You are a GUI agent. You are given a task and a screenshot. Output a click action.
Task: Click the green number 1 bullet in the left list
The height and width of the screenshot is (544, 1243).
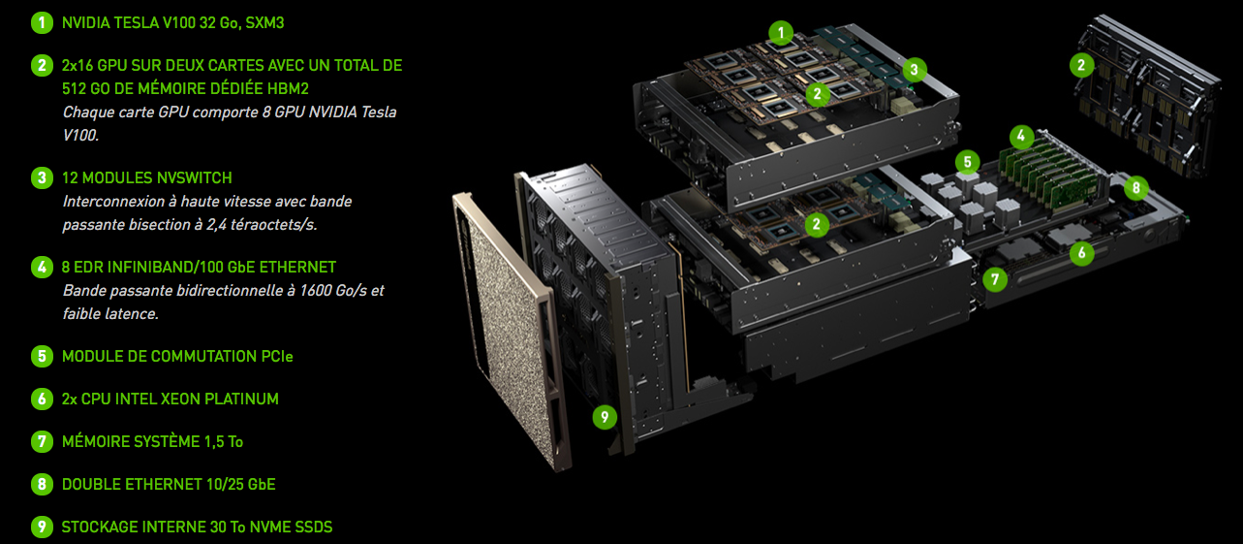(x=42, y=22)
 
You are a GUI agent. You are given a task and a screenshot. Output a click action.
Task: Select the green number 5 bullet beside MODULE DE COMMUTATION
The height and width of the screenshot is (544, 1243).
(x=42, y=356)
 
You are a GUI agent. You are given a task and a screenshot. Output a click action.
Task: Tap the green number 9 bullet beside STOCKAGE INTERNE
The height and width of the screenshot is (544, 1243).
(x=42, y=527)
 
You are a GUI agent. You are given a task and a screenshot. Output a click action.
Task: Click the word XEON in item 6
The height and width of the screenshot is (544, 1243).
(x=181, y=399)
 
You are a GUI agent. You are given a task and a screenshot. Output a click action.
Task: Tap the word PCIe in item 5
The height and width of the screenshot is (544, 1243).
(x=277, y=356)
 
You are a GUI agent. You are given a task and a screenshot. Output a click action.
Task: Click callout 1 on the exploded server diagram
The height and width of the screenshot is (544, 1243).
(x=781, y=32)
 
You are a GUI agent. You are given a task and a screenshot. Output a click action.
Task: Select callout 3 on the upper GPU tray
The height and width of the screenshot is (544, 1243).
(x=913, y=69)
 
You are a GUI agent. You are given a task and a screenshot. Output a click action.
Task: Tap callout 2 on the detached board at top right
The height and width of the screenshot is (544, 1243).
(x=1081, y=66)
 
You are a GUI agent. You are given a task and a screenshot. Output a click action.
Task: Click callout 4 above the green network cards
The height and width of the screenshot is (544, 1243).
(x=1020, y=136)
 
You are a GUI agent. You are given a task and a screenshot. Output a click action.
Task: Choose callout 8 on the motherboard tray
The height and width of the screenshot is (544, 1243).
(x=1134, y=188)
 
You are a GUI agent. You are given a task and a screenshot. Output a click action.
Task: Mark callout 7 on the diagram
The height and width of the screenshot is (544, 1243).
(x=994, y=279)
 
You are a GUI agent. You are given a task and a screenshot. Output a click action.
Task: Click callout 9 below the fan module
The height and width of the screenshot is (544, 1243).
(x=605, y=417)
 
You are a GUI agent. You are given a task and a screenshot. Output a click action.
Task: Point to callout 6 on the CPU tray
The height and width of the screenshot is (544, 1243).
(x=1081, y=253)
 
